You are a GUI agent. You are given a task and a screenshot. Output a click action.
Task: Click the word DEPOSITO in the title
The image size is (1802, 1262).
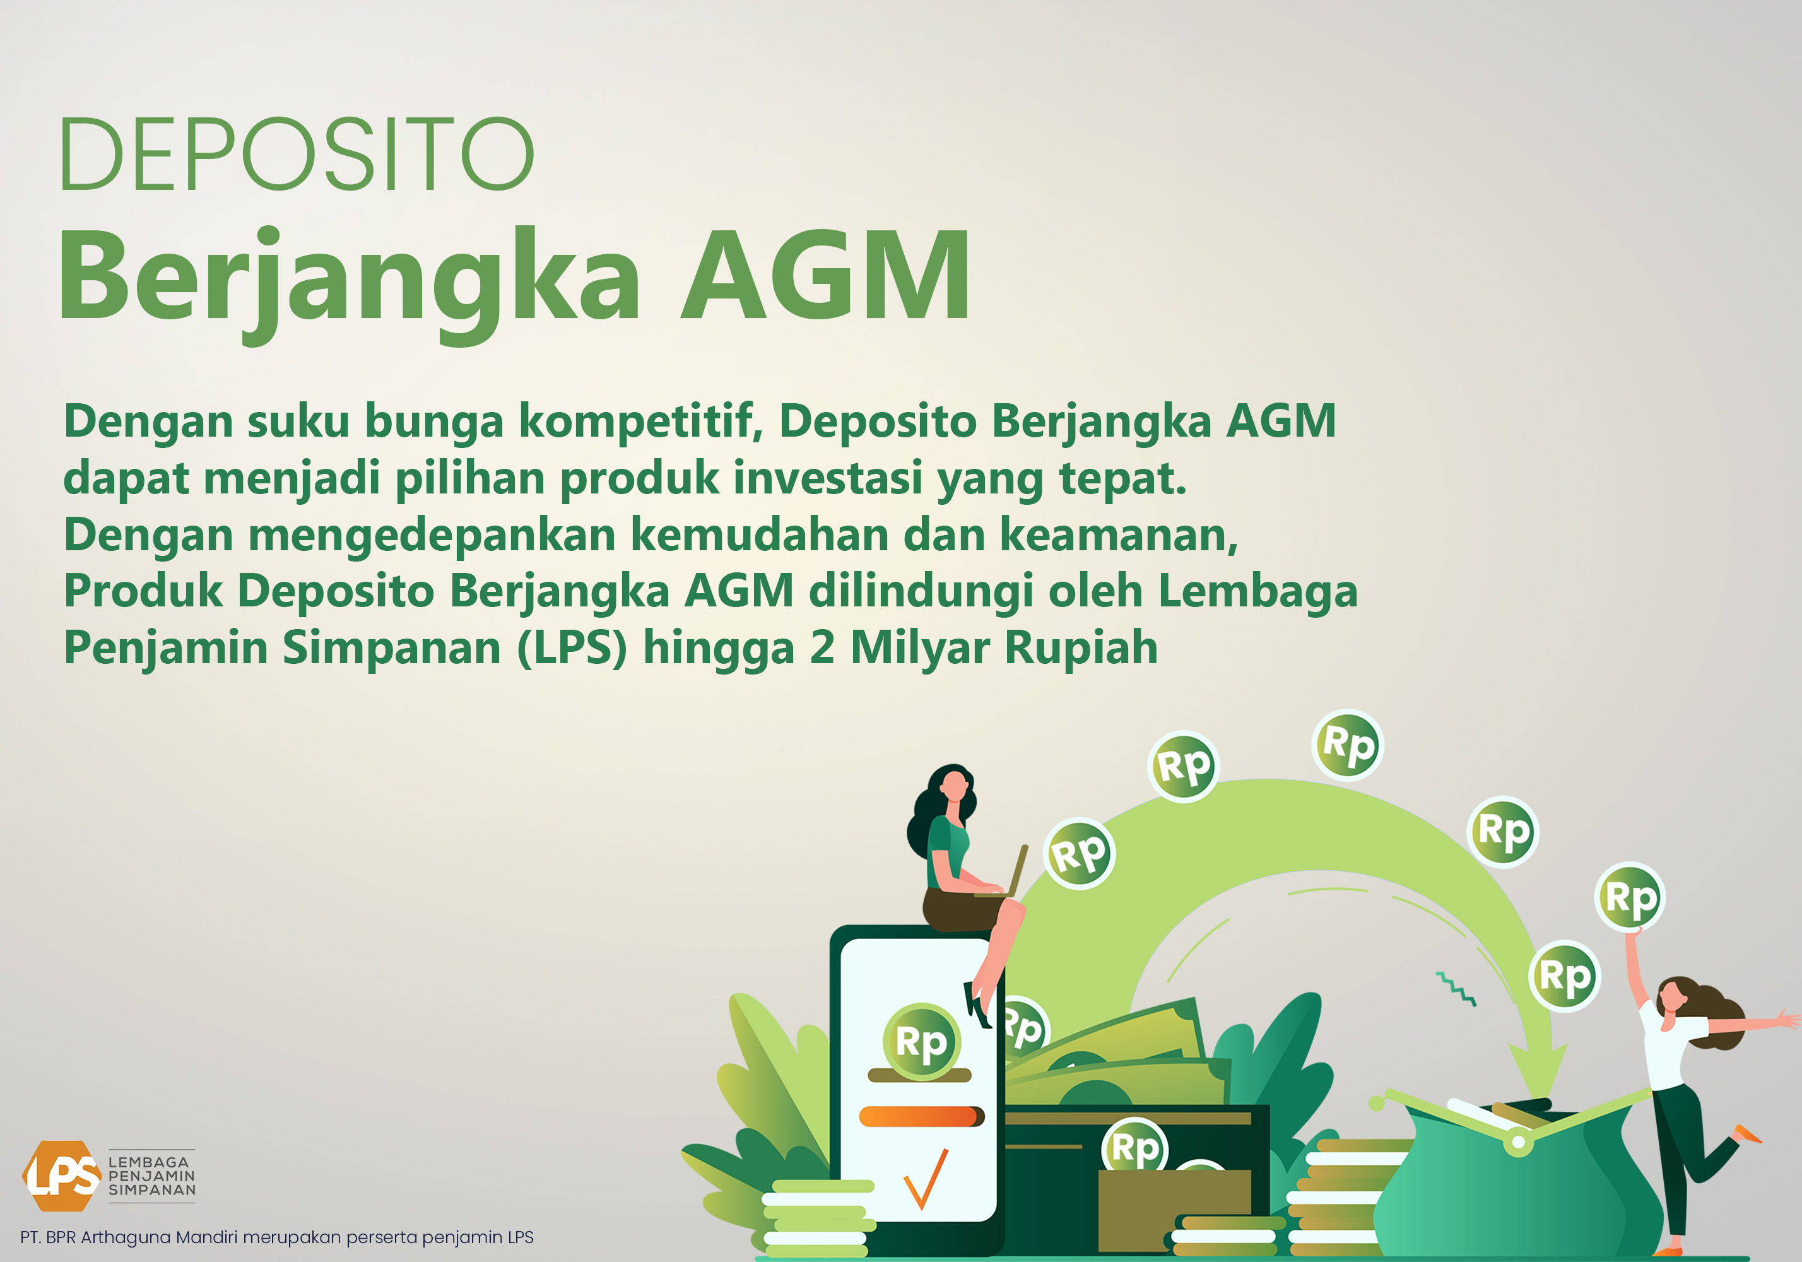pos(297,154)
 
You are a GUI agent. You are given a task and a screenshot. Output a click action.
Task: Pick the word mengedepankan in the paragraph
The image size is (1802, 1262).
pos(432,537)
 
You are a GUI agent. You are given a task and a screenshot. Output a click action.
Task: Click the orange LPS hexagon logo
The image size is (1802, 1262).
pos(61,1176)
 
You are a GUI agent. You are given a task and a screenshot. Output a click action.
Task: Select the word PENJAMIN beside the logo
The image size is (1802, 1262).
pos(151,1176)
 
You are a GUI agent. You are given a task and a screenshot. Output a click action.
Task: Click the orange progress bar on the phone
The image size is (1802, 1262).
pos(921,1116)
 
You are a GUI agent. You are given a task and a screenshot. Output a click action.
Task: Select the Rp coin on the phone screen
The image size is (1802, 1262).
pos(921,1041)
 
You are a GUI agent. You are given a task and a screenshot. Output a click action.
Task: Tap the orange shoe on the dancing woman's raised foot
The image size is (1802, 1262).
pos(1747,1133)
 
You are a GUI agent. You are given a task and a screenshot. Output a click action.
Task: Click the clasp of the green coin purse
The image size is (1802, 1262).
pos(1519,1142)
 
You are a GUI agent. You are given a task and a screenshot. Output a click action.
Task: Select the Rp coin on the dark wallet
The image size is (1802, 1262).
pos(1135,1147)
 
